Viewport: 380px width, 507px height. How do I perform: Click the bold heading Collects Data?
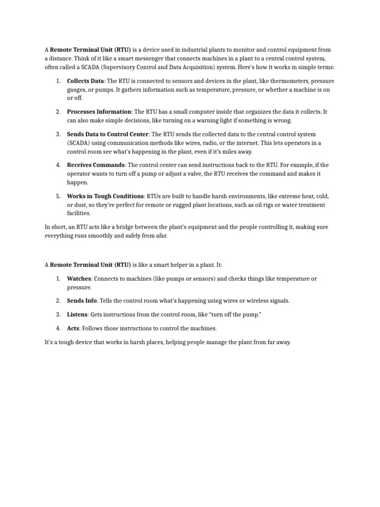point(85,81)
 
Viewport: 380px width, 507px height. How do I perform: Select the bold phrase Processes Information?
point(99,112)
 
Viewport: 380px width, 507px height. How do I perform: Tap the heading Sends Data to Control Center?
point(108,134)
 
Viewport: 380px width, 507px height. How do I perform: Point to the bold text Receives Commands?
point(95,165)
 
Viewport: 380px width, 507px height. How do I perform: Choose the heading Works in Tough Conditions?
point(105,196)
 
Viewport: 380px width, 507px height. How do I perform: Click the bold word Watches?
point(79,279)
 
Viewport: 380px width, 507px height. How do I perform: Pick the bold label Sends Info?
point(82,301)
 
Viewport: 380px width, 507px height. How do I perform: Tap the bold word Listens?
point(77,314)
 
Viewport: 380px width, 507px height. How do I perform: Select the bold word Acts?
point(73,328)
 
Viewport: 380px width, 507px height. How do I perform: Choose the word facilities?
point(79,213)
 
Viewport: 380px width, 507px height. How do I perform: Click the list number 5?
point(58,196)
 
